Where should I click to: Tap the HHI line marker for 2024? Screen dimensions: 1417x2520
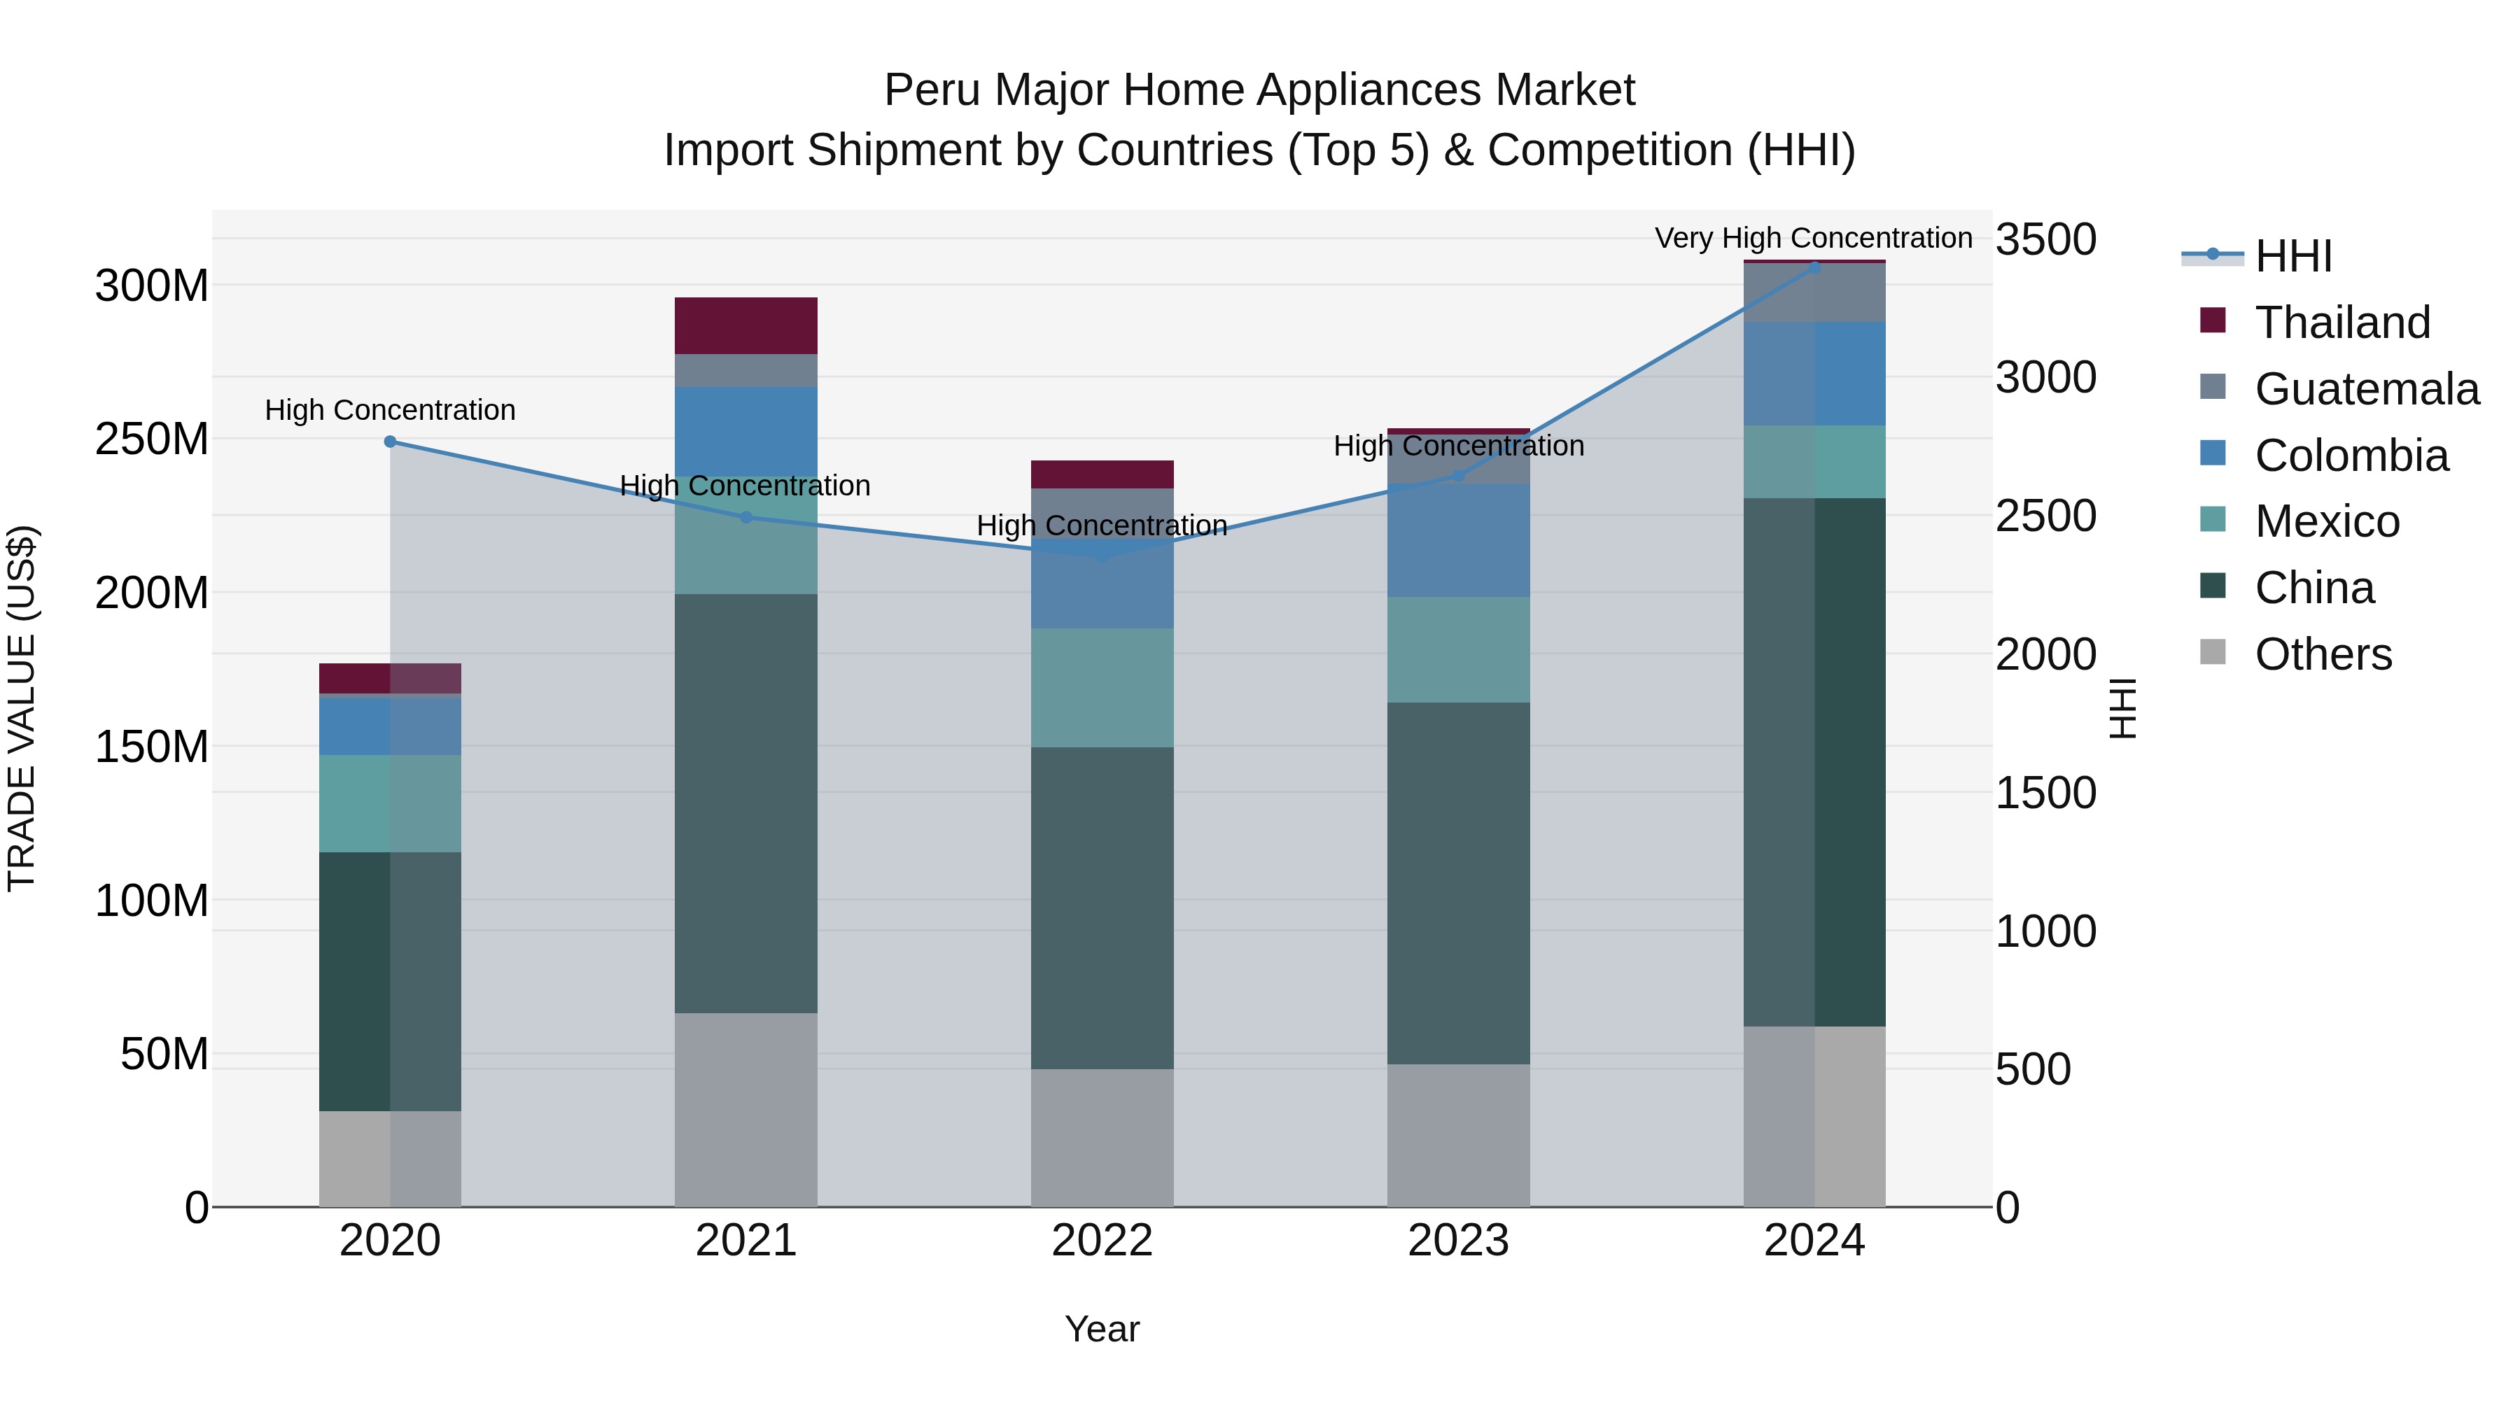coord(1814,268)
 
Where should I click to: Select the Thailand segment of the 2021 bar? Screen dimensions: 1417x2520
coord(745,325)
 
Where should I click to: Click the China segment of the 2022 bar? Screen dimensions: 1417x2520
coord(1102,908)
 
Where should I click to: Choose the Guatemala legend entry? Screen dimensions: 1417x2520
coord(2365,389)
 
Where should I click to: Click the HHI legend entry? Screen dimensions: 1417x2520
coord(2292,256)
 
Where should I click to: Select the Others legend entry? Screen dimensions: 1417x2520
coord(2323,654)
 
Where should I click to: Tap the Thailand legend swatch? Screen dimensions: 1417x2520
coord(2212,320)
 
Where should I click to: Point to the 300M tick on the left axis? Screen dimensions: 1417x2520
coord(152,286)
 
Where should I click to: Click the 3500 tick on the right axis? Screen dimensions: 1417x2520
coord(2045,239)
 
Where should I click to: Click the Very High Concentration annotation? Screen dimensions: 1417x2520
coord(1813,238)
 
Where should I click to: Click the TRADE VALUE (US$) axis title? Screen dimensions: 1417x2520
coord(22,708)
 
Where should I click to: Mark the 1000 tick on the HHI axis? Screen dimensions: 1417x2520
coord(2045,932)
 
